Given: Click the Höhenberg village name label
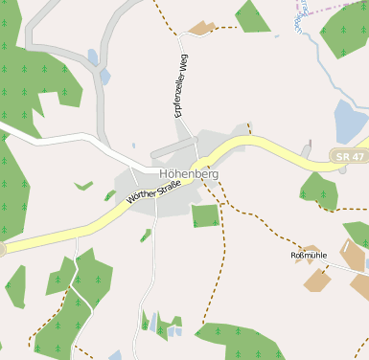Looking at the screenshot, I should pos(188,174).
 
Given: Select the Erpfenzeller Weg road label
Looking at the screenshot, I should pos(178,86).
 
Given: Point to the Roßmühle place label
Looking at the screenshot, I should pos(309,256).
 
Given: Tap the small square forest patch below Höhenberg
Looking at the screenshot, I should pos(205,215).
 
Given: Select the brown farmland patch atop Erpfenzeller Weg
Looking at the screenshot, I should pos(200,29).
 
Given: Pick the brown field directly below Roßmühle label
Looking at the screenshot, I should pos(316,280).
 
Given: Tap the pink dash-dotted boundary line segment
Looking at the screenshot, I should pos(331,7).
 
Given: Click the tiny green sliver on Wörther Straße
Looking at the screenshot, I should pos(109,195).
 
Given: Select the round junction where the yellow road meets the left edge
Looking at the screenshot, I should pos(2,249).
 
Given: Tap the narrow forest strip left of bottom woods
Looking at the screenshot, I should pos(14,287).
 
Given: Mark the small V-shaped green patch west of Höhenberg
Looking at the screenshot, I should pos(83,185).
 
